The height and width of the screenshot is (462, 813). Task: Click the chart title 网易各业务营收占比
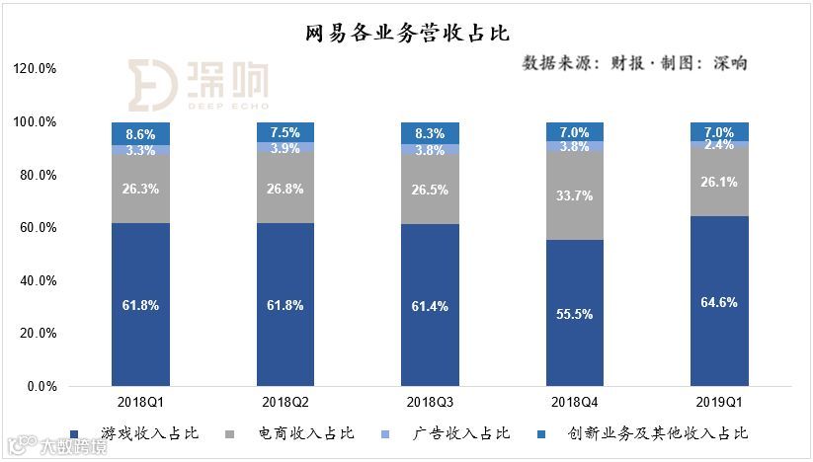pyautogui.click(x=406, y=35)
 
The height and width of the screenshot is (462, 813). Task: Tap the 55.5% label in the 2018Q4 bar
pyautogui.click(x=575, y=314)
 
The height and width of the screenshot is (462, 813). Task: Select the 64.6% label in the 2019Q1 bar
pyautogui.click(x=719, y=302)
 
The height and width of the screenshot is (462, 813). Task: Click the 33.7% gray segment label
pyautogui.click(x=575, y=195)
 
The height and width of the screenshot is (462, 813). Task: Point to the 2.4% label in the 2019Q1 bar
pyautogui.click(x=719, y=145)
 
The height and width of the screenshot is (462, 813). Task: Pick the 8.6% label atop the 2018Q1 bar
pyautogui.click(x=140, y=133)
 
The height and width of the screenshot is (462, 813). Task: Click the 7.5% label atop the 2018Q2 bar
pyautogui.click(x=285, y=132)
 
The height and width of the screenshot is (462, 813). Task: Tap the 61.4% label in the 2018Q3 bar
pyautogui.click(x=430, y=306)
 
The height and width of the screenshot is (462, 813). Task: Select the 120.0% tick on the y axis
pyautogui.click(x=36, y=69)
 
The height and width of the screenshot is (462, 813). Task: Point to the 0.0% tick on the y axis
pyautogui.click(x=41, y=387)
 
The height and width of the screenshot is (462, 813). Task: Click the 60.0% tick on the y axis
pyautogui.click(x=39, y=228)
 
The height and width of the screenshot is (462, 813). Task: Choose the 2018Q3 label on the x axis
pyautogui.click(x=430, y=403)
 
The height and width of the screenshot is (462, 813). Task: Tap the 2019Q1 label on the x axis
pyautogui.click(x=719, y=403)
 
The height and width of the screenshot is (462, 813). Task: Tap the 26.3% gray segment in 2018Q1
pyautogui.click(x=140, y=188)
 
